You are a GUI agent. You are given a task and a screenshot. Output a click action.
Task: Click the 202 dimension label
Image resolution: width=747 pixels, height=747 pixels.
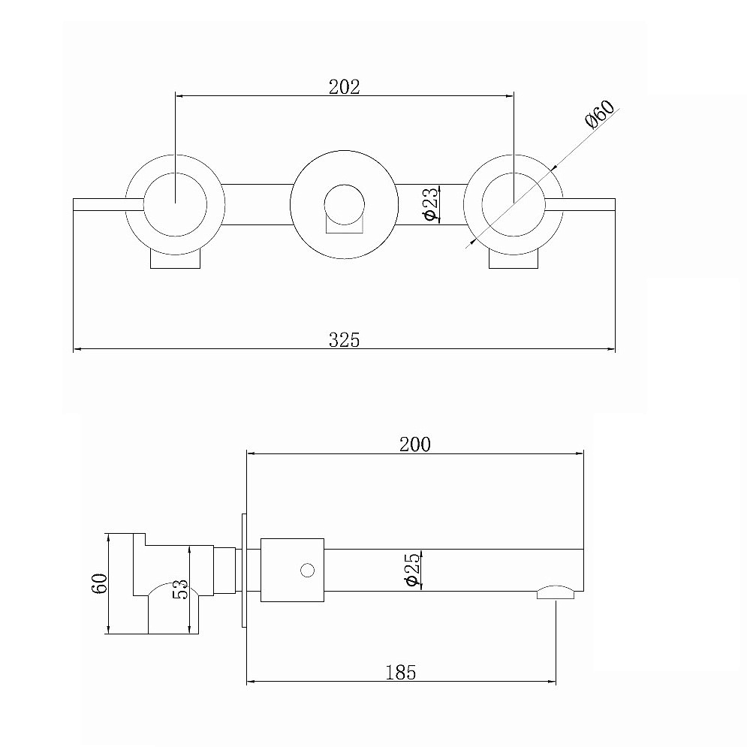[344, 86]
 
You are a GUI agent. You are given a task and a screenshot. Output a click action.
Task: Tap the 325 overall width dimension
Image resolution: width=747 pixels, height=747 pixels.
[344, 340]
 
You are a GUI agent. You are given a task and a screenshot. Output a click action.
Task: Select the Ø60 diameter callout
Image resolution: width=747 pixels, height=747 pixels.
[600, 114]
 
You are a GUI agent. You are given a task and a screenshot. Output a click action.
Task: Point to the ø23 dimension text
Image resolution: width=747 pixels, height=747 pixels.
[430, 204]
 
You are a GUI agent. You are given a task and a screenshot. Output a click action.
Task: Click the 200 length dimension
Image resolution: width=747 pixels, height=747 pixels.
[415, 444]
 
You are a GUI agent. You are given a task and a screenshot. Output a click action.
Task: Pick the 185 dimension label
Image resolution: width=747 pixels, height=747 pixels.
[401, 673]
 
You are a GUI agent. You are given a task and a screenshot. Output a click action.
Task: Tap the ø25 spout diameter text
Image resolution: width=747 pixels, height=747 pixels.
[413, 569]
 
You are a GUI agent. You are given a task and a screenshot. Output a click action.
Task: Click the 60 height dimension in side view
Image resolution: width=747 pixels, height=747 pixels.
[100, 583]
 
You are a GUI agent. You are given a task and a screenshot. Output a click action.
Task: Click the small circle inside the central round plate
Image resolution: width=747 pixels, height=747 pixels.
[344, 205]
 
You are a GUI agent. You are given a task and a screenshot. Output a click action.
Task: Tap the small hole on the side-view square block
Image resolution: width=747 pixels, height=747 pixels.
[308, 571]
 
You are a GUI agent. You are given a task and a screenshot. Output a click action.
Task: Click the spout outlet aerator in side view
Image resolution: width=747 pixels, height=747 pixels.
[556, 592]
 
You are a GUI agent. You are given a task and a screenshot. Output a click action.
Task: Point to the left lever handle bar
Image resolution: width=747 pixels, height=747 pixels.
[109, 204]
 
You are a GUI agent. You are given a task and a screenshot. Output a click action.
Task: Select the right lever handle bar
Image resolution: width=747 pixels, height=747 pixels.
[580, 204]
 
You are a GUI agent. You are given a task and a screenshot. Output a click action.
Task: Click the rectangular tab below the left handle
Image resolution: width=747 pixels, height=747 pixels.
[176, 259]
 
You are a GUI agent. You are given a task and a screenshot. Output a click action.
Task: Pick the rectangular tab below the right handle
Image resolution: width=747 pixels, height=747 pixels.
[514, 259]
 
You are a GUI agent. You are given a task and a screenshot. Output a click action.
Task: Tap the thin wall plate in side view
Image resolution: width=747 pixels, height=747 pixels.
[244, 571]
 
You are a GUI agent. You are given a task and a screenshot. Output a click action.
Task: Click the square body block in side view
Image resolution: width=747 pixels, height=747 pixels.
[293, 571]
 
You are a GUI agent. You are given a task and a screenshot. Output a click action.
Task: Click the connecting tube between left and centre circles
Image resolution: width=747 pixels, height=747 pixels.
[257, 204]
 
